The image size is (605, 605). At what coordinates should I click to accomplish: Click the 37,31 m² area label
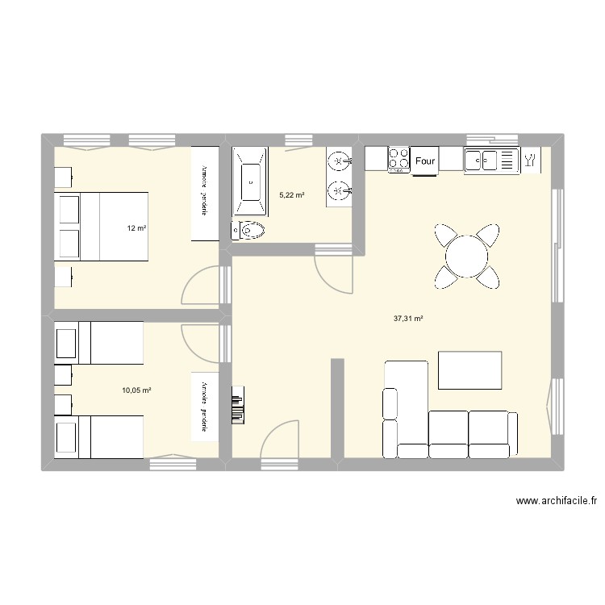coord(408,319)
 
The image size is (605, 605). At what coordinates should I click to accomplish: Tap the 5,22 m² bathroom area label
coord(292,194)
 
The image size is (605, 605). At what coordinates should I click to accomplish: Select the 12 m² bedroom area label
coord(136,228)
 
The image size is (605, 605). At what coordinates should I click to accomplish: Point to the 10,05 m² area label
coord(136,390)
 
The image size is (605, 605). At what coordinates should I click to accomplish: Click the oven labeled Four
coord(425,161)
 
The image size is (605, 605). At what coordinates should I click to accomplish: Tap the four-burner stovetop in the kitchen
coord(398,159)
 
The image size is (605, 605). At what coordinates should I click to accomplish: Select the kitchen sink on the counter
coord(489,160)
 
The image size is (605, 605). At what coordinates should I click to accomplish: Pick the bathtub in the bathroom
coord(252,181)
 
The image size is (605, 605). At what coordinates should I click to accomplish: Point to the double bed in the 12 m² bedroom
coord(102,227)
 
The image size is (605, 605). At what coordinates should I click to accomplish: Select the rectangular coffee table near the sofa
coord(469,370)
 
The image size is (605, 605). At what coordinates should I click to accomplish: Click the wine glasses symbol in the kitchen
coord(531,160)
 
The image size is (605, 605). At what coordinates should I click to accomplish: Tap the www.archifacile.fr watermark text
coord(556,501)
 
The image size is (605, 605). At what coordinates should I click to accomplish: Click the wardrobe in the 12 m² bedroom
coord(205,193)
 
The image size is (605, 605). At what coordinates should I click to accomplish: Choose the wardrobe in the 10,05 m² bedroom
coord(205,406)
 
